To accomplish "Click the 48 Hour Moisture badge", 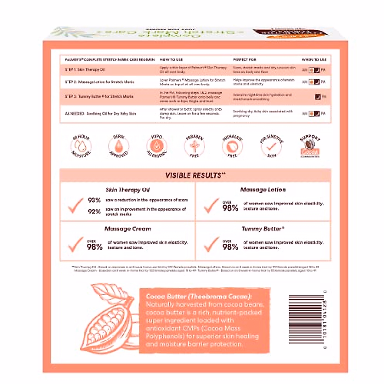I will pos(81,146).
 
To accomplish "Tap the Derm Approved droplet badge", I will pos(119,146).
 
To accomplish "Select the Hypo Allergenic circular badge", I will pos(156,146).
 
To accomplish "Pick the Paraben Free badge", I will pos(194,146).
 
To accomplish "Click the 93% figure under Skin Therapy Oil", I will pos(94,200).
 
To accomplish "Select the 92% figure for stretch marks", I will pos(94,211).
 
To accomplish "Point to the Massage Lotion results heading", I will pos(263,190).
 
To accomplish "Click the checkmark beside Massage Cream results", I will pos(76,245).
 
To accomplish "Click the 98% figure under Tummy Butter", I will pos(230,247).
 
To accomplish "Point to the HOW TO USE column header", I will pos(171,60).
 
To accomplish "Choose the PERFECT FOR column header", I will pos(244,60).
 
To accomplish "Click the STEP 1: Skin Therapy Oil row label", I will pos(85,69).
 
